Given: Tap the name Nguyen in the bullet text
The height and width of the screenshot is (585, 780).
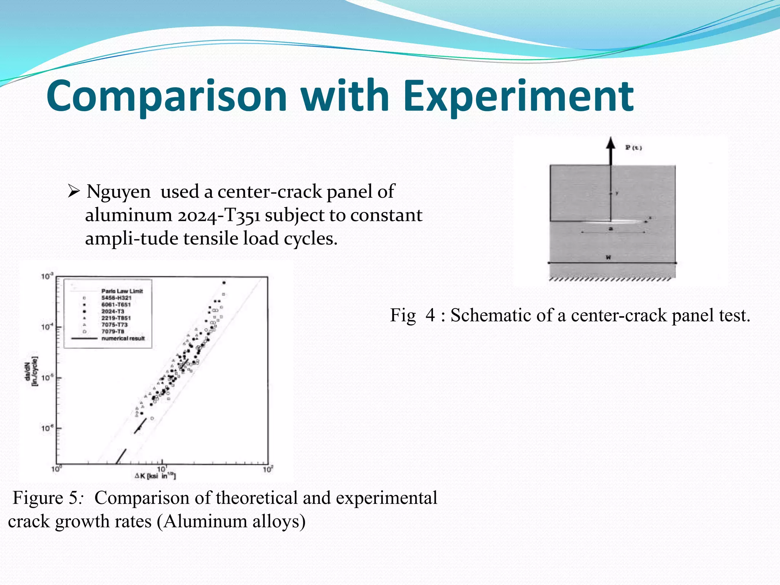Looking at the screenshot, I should (x=118, y=192).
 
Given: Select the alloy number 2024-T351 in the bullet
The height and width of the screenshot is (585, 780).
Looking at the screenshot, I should (x=219, y=216).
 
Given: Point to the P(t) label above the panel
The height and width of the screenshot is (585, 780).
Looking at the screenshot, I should (x=633, y=148).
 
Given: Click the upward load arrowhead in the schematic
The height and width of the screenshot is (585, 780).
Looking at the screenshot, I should (x=611, y=144).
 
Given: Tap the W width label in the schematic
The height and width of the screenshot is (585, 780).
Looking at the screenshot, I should (x=608, y=258).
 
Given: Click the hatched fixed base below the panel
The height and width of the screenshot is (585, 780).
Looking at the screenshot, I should (x=611, y=279).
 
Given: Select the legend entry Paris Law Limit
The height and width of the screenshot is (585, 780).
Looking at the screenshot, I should (x=122, y=291).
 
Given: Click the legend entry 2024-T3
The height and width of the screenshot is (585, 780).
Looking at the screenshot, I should (x=113, y=311).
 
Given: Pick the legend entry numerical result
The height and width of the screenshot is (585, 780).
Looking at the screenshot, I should (x=123, y=338).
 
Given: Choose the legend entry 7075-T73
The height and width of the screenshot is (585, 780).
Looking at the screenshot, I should (x=114, y=324).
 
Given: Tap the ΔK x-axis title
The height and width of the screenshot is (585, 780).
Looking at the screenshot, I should (x=155, y=476).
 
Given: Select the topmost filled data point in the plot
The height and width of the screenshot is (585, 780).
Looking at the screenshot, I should (x=224, y=283).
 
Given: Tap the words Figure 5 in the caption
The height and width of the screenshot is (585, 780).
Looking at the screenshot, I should (x=44, y=498).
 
